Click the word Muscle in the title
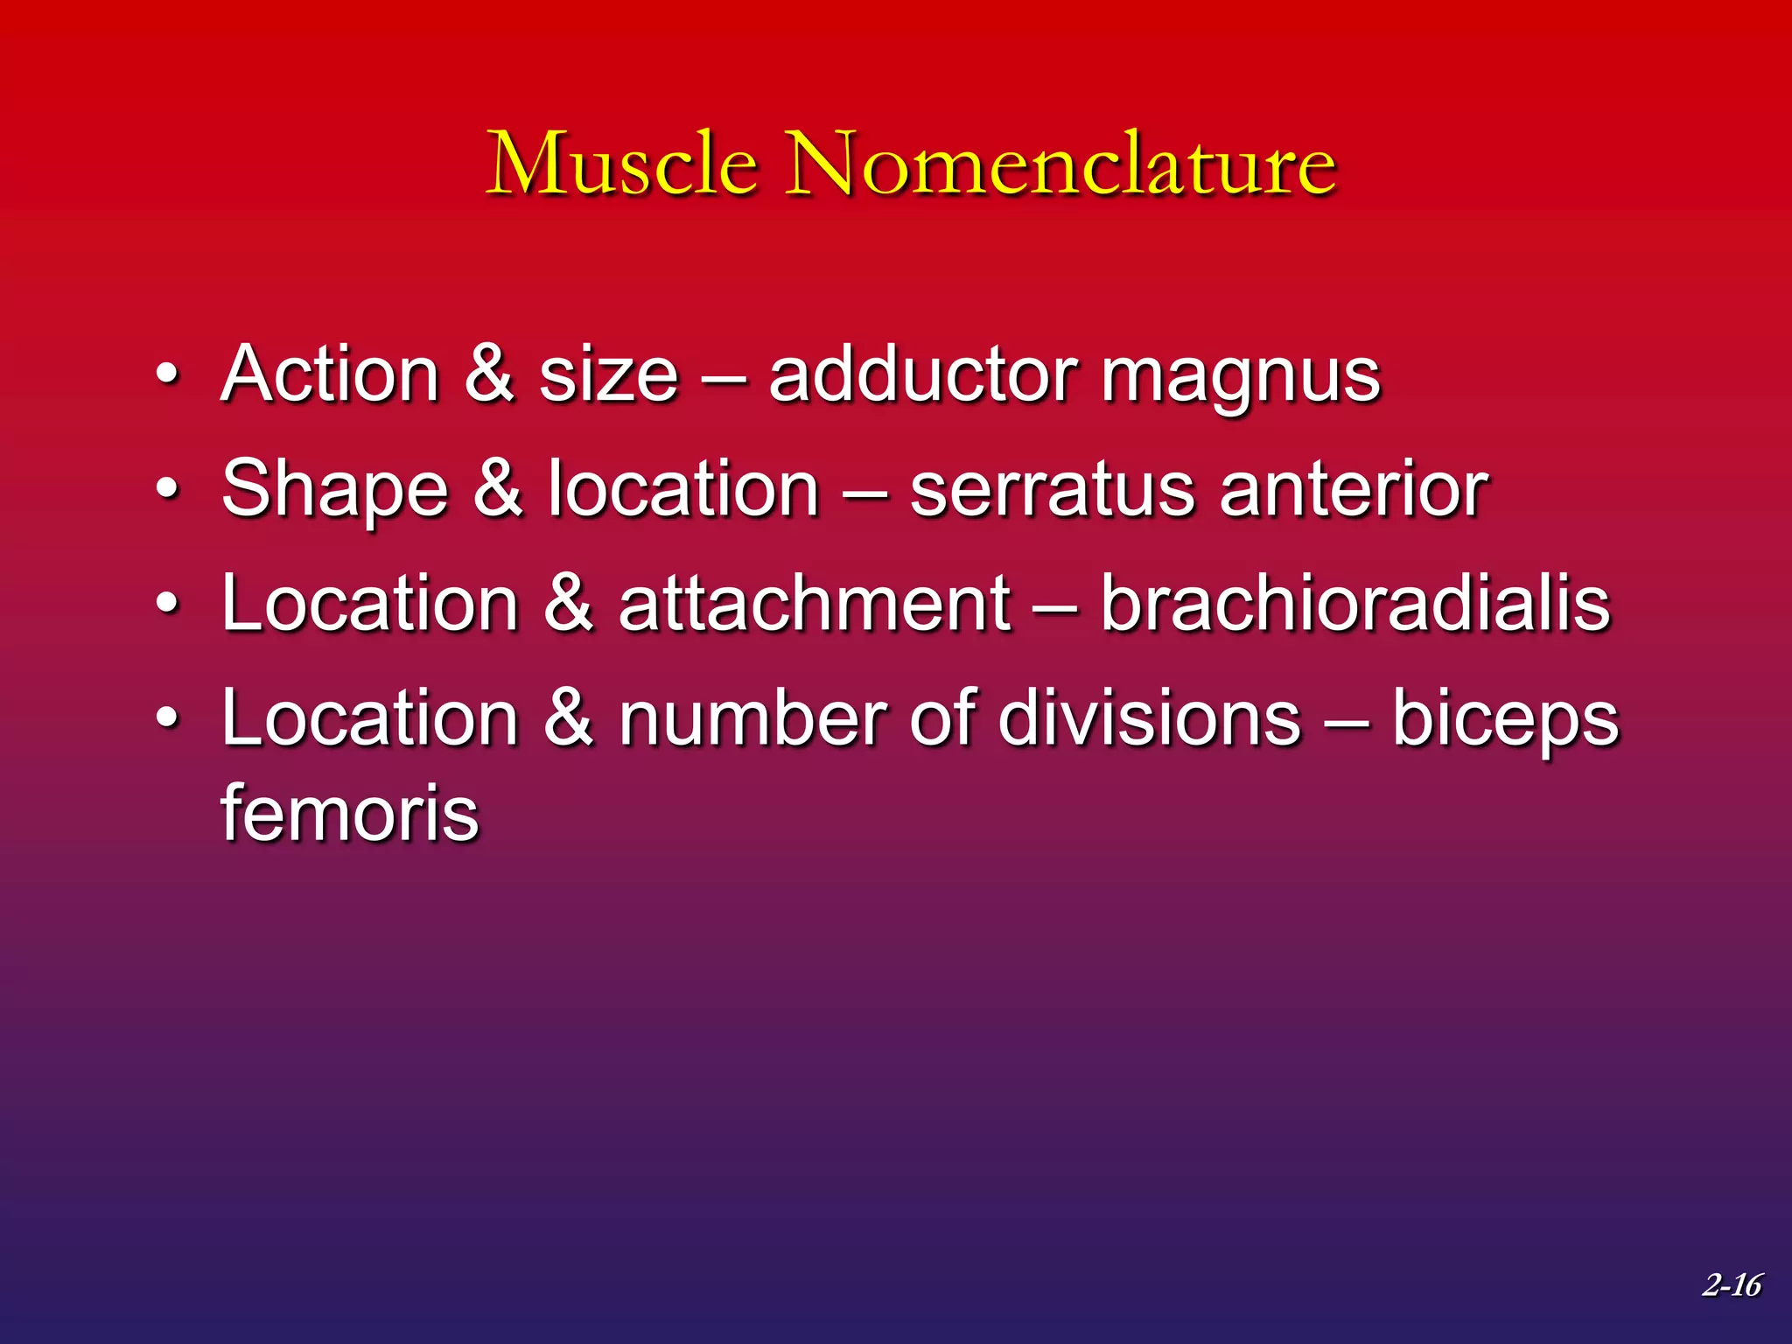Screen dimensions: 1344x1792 point(622,164)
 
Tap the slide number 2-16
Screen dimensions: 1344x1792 point(1732,1284)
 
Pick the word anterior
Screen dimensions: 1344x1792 point(1354,490)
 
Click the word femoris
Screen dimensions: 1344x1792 point(349,814)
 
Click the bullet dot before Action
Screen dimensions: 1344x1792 point(167,376)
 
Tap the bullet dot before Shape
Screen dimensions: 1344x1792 point(167,490)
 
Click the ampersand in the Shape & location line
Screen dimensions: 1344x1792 point(497,489)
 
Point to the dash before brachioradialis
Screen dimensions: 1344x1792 point(1054,606)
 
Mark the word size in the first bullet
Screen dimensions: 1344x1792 point(609,375)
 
